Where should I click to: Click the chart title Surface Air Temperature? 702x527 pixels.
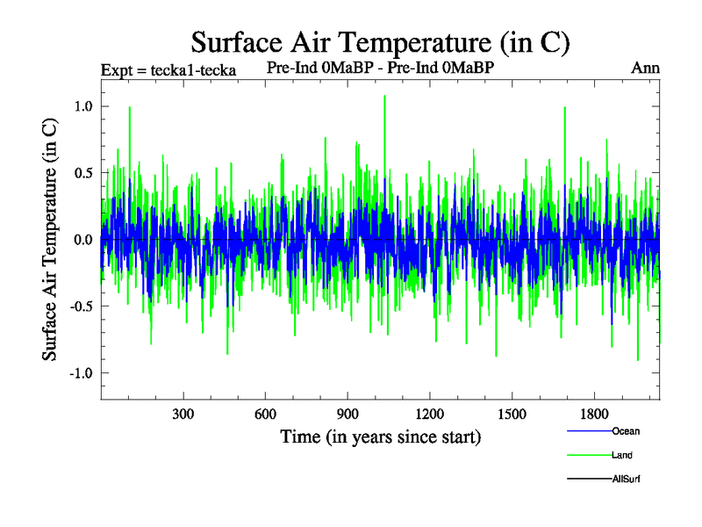(x=381, y=41)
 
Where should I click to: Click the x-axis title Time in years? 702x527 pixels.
(x=380, y=437)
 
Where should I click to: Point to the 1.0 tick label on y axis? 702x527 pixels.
(x=82, y=106)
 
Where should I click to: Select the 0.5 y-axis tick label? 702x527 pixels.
(x=82, y=173)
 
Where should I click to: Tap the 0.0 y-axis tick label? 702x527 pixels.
(x=82, y=240)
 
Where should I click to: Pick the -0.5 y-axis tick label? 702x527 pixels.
(x=80, y=307)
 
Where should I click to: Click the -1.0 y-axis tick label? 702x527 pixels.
(x=80, y=373)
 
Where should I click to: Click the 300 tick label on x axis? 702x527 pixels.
(x=183, y=413)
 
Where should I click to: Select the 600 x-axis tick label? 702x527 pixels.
(x=266, y=413)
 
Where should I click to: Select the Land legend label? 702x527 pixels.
(x=621, y=455)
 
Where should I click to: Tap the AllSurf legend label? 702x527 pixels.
(x=625, y=479)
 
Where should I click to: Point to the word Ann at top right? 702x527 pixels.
(x=645, y=68)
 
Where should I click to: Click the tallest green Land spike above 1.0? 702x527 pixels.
(x=384, y=97)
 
